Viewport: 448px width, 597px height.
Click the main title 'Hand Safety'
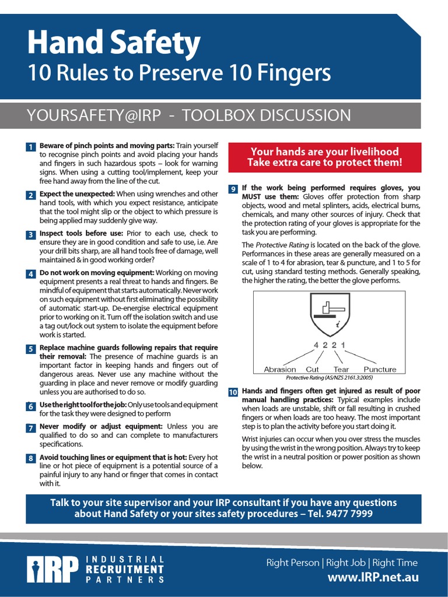[114, 43]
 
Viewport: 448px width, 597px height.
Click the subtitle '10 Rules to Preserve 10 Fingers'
[179, 73]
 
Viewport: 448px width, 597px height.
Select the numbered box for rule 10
[233, 392]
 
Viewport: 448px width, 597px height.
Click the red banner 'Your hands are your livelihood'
[324, 157]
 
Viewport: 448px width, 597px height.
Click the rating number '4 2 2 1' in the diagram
[330, 345]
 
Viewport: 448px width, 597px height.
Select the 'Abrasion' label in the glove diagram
[280, 369]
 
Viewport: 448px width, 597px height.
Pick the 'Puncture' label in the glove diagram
[380, 369]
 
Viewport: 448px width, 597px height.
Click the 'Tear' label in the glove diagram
[341, 369]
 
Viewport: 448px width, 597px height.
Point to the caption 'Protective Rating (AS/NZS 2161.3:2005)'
[330, 378]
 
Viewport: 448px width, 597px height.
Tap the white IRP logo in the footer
[52, 570]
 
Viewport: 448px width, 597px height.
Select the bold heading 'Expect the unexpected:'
[77, 194]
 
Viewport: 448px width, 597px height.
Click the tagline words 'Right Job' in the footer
[346, 563]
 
